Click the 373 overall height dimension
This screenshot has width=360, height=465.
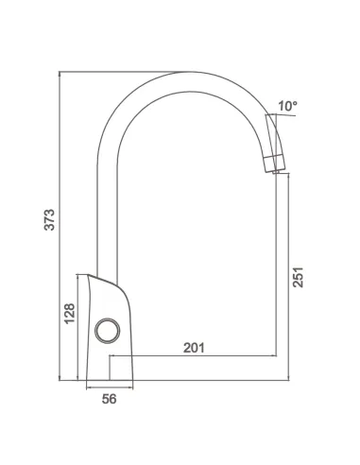click(49, 219)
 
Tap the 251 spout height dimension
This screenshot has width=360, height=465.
click(298, 277)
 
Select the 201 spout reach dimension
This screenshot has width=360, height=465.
click(194, 348)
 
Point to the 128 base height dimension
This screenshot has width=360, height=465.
click(70, 313)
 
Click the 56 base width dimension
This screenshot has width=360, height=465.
click(110, 399)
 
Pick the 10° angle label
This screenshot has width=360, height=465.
click(287, 106)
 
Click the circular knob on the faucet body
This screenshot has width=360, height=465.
click(108, 331)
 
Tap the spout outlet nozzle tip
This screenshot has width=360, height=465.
click(278, 172)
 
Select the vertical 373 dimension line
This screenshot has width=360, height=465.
click(60, 226)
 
